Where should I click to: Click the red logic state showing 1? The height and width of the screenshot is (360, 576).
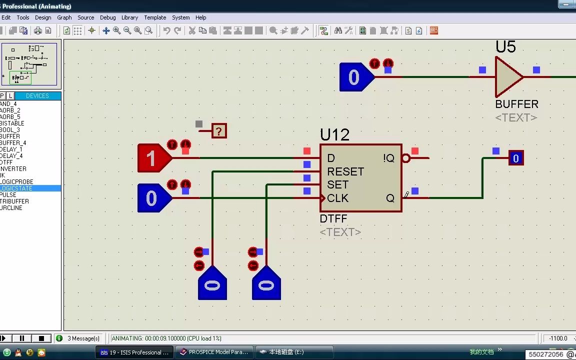[x=152, y=158]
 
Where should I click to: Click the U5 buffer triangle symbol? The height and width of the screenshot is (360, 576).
[x=507, y=77]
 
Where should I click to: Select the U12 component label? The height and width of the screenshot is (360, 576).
[x=334, y=135]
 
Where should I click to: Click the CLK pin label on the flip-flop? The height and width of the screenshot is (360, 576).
[x=337, y=198]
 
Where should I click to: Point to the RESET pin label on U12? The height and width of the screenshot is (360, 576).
[x=345, y=171]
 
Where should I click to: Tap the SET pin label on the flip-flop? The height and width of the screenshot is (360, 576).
[x=337, y=184]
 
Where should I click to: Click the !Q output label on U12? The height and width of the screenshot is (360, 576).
[x=388, y=158]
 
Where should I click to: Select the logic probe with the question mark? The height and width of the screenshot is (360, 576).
[x=219, y=131]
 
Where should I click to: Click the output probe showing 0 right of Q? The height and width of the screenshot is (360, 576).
[x=515, y=158]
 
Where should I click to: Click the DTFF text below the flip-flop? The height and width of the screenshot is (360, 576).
[x=333, y=219]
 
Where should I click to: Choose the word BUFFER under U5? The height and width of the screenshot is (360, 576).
[x=516, y=104]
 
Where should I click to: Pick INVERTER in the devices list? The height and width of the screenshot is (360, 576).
[x=13, y=169]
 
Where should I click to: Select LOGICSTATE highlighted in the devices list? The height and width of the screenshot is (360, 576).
[x=16, y=188]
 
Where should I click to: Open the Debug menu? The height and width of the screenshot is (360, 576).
[x=107, y=17]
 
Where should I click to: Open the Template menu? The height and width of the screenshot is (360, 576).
[x=155, y=17]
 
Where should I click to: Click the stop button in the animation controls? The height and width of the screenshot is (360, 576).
[x=42, y=338]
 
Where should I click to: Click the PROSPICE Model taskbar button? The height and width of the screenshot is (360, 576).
[x=214, y=352]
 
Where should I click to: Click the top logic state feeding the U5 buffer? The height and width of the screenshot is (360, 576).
[x=354, y=77]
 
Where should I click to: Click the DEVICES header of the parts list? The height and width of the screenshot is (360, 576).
[x=37, y=96]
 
